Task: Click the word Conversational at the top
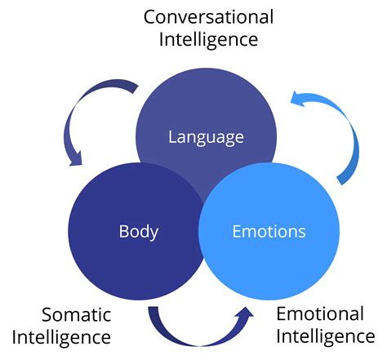208,16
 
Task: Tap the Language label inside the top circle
206,136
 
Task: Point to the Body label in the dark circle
138,231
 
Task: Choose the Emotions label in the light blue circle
269,231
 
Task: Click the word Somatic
78,314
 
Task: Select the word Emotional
319,314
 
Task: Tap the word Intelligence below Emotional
326,336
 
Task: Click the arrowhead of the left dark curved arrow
77,157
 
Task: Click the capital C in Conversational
150,16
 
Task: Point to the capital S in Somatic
47,314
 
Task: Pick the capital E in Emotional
282,314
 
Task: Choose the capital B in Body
123,231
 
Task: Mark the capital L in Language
172,136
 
